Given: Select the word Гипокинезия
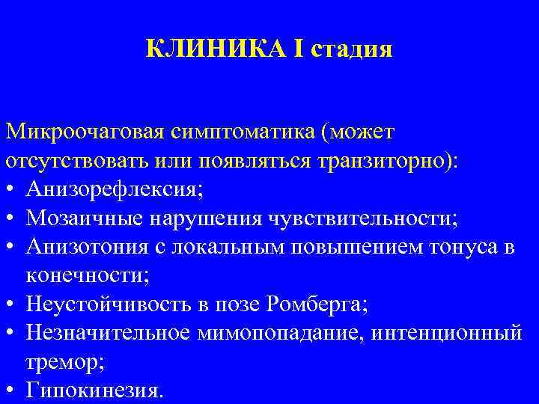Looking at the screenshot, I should click(93, 390).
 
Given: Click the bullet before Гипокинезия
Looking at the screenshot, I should click(10, 390).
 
